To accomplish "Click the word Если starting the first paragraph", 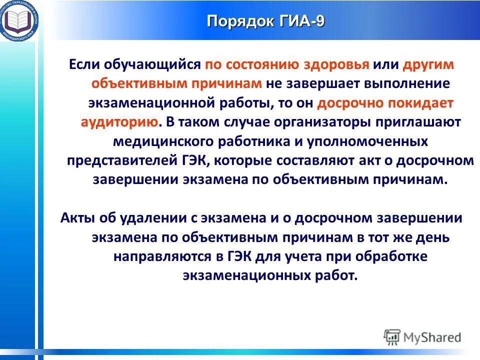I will click(x=83, y=65).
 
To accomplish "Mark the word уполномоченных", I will click(x=372, y=141).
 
